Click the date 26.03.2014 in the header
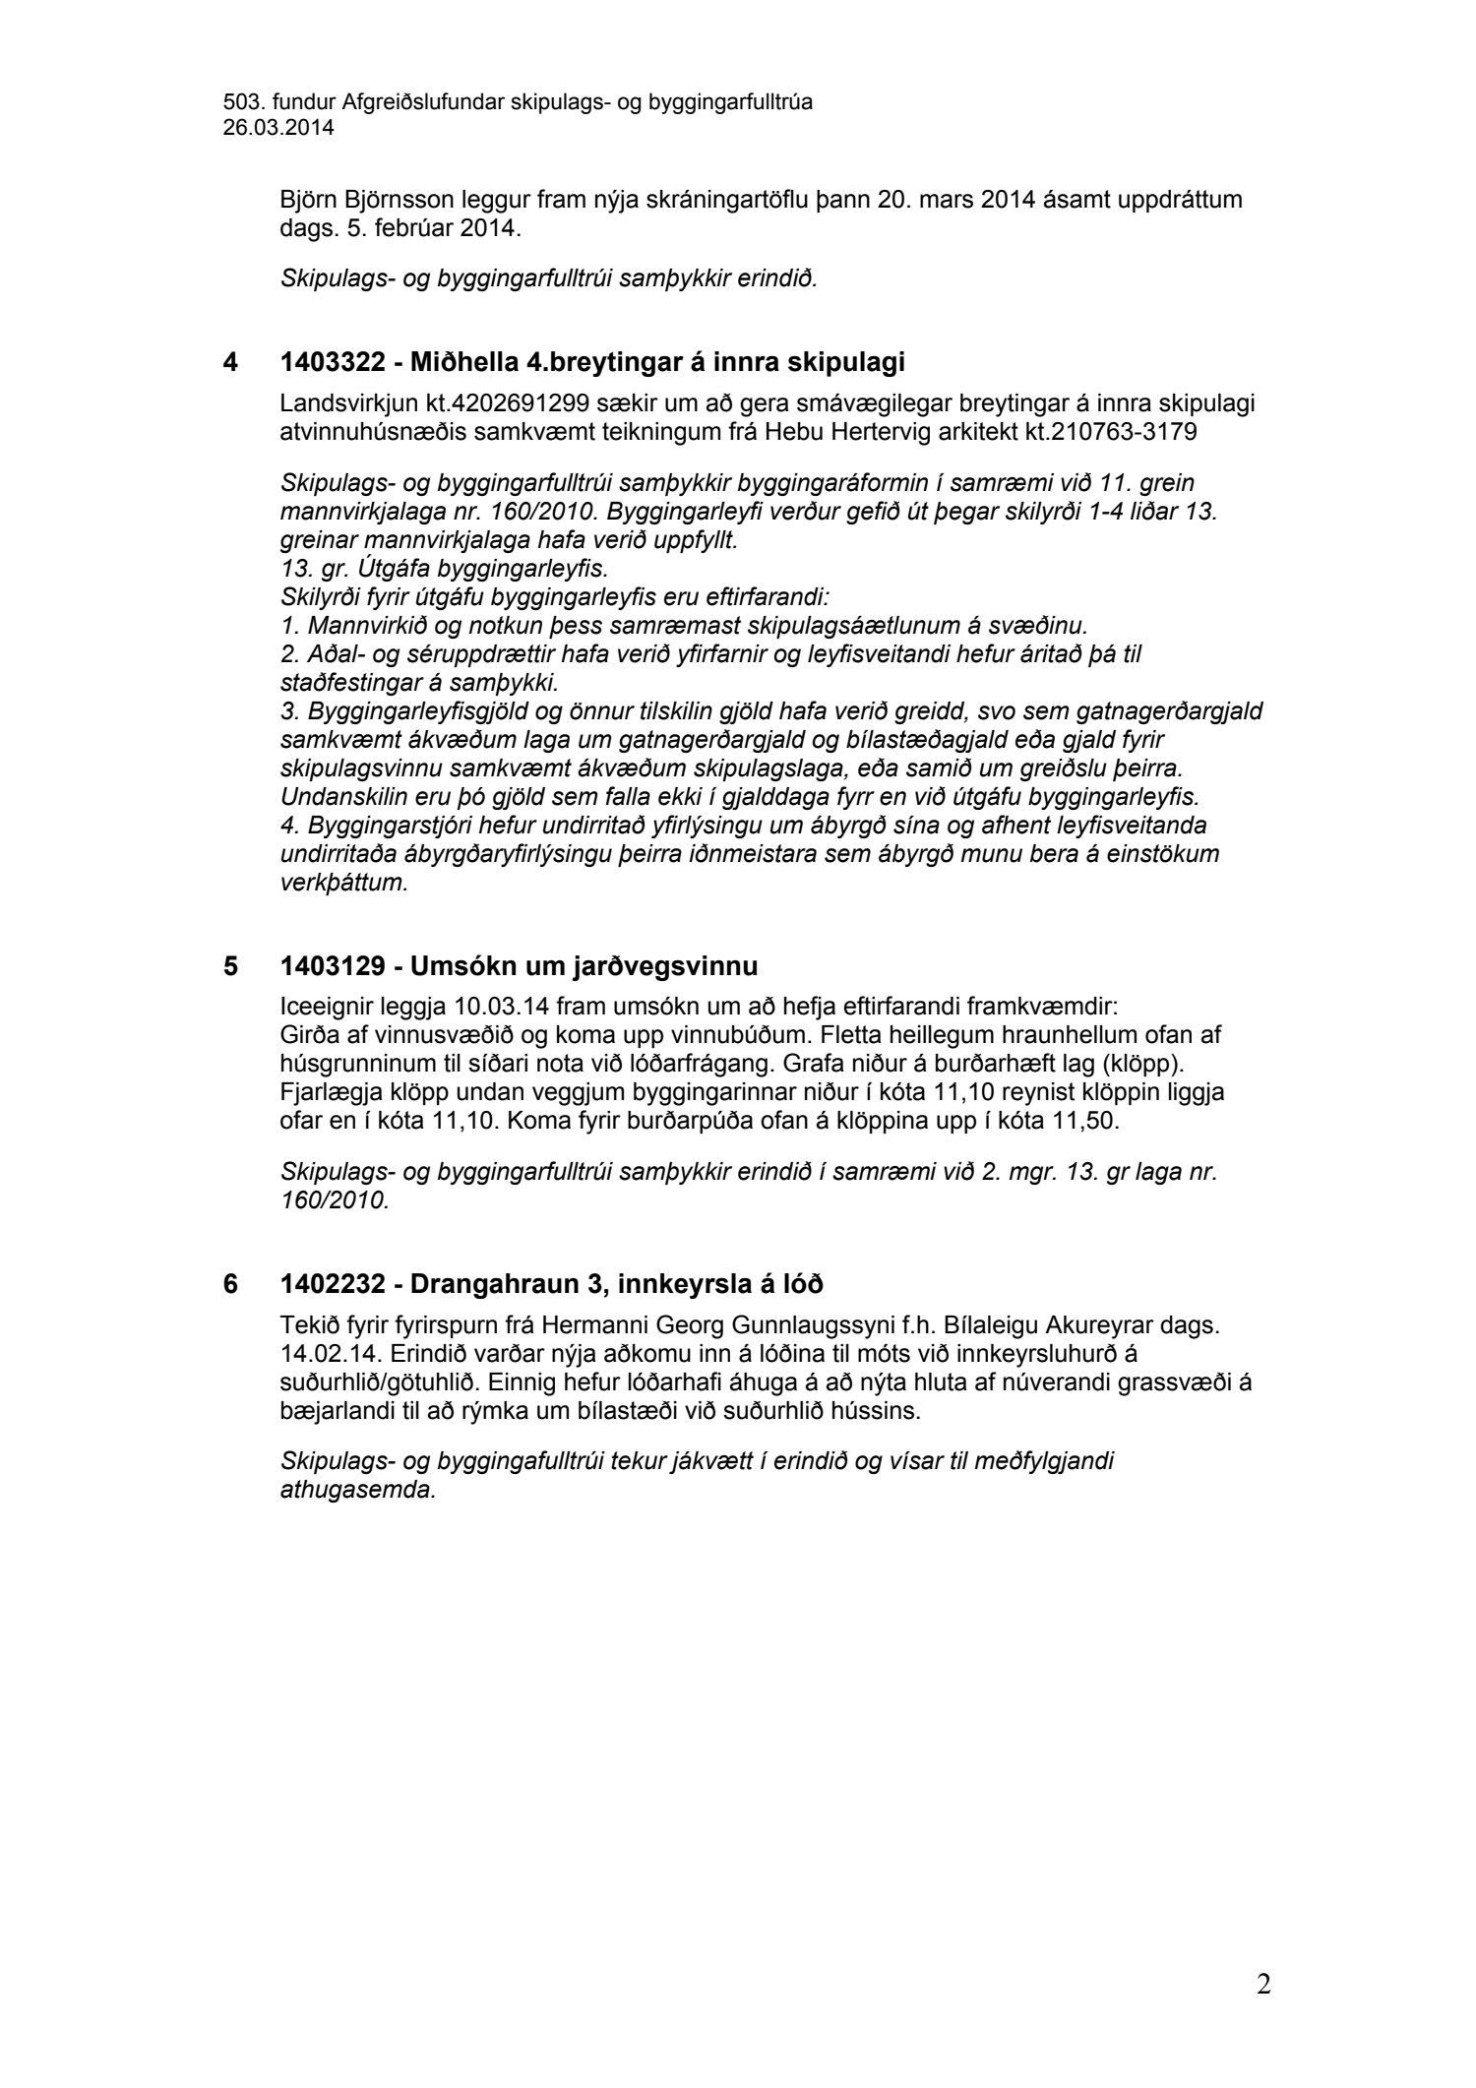[x=278, y=127]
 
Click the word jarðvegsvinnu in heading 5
[x=674, y=966]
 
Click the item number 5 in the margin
[x=230, y=966]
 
